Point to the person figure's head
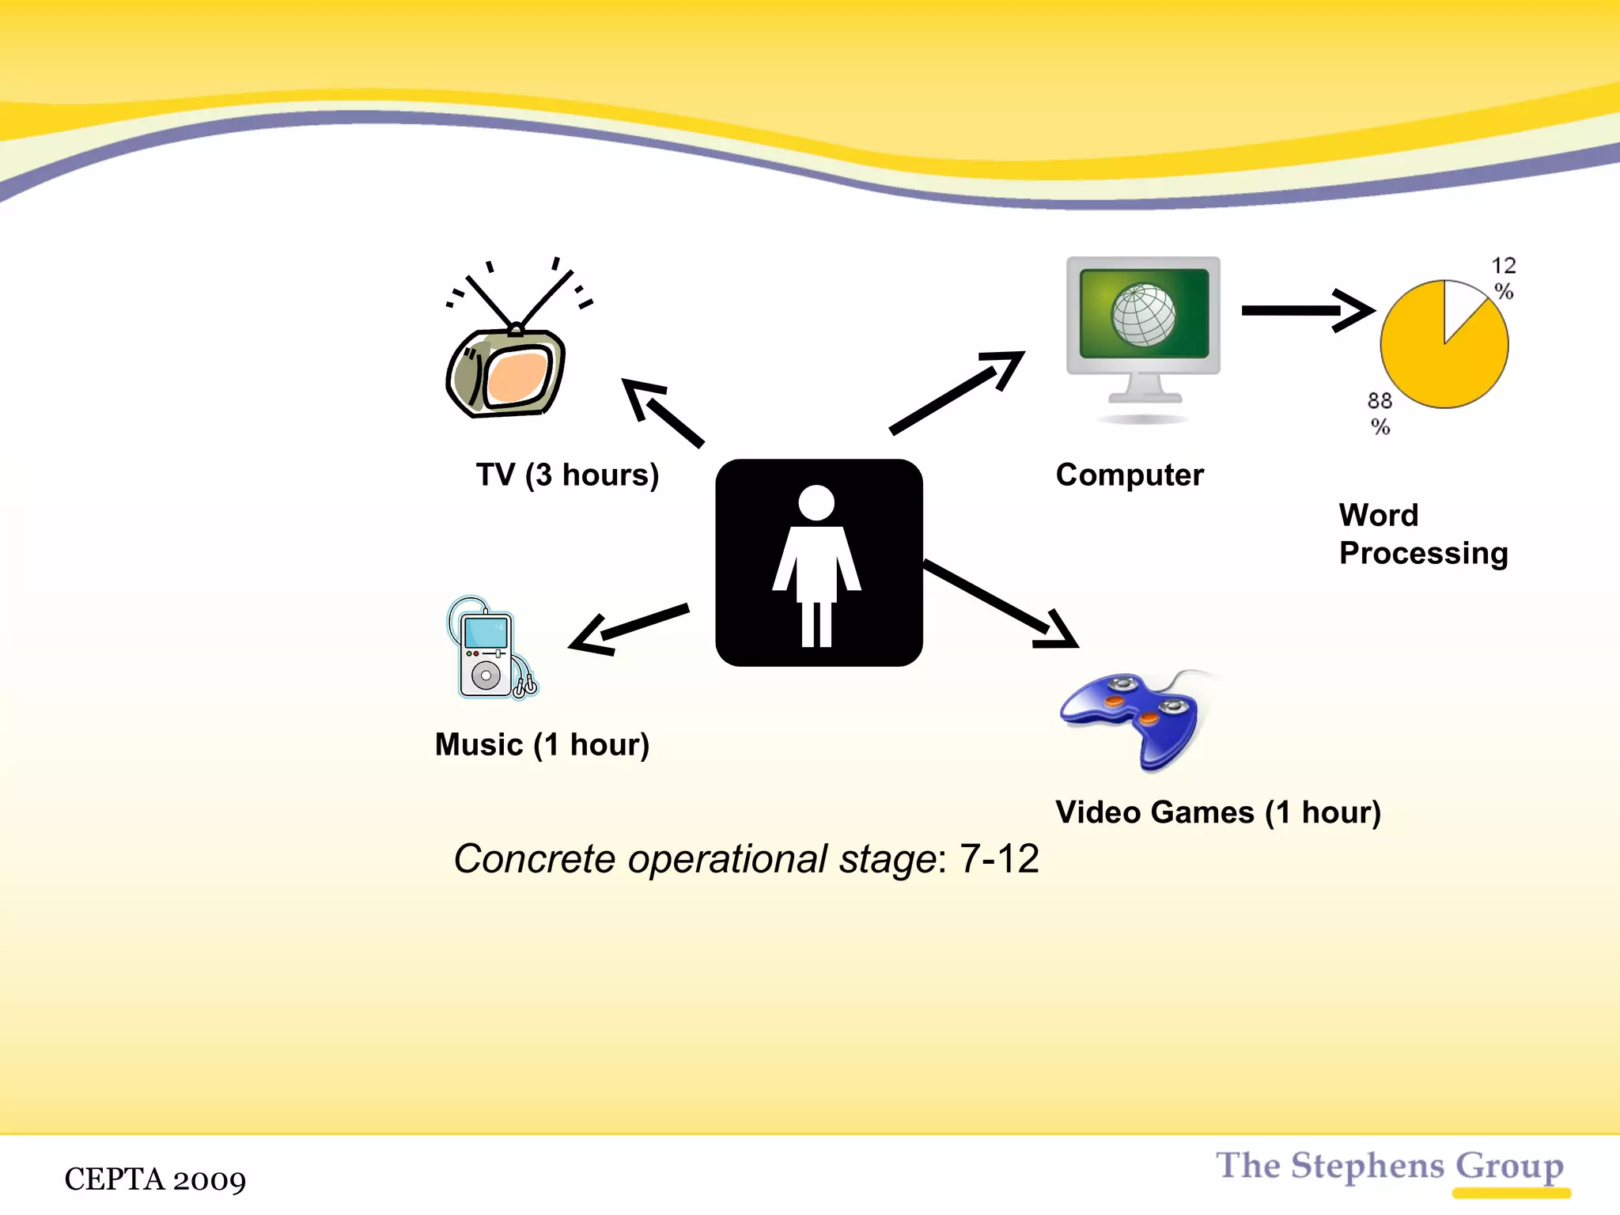816,502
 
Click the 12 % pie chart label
1503,278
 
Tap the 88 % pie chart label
1380,413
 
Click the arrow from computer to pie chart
1305,310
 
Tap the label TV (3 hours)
567,475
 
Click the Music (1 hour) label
542,744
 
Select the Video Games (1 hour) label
1218,812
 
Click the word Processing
1423,554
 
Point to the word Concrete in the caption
534,859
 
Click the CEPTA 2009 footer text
155,1179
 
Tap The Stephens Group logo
1391,1168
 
